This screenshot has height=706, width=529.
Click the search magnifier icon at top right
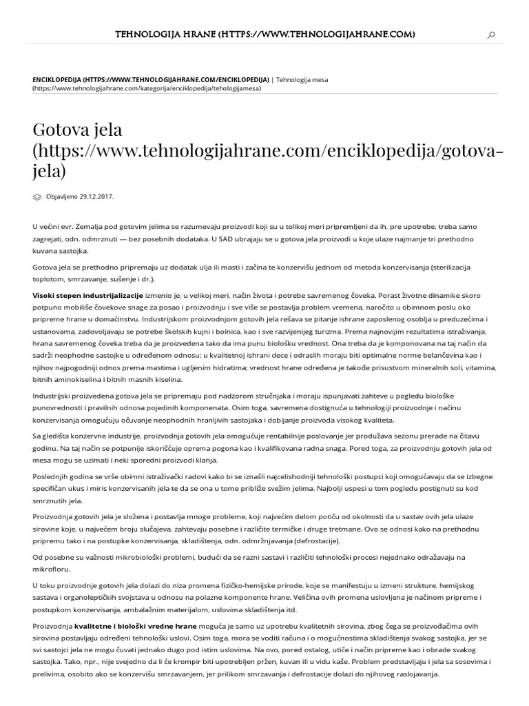click(491, 35)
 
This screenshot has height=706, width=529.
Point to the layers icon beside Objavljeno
click(37, 196)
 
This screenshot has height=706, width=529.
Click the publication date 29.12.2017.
click(96, 196)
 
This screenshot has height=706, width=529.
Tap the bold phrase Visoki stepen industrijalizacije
click(88, 294)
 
